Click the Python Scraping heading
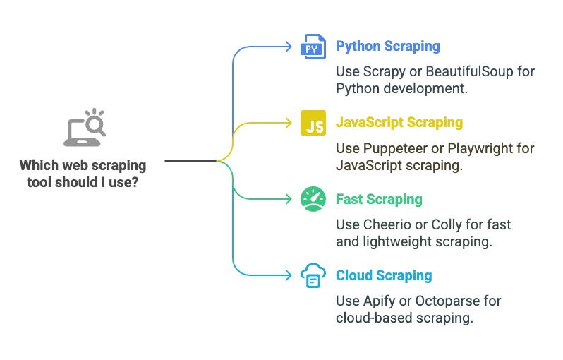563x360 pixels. click(x=388, y=47)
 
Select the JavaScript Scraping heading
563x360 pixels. click(x=399, y=123)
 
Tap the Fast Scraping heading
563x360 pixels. click(x=379, y=199)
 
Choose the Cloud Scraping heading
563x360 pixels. click(x=384, y=275)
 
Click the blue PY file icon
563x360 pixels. click(x=313, y=47)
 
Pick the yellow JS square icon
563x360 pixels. click(x=313, y=123)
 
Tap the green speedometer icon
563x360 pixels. click(x=313, y=199)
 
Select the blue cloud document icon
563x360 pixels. click(x=313, y=275)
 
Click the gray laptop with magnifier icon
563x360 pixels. click(x=85, y=128)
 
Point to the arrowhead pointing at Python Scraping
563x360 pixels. click(x=289, y=47)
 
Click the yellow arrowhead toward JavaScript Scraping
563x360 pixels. click(x=289, y=123)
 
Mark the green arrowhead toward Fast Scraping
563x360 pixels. click(x=289, y=199)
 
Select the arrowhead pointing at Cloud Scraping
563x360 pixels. click(x=289, y=275)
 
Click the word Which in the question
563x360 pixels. click(x=39, y=166)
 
